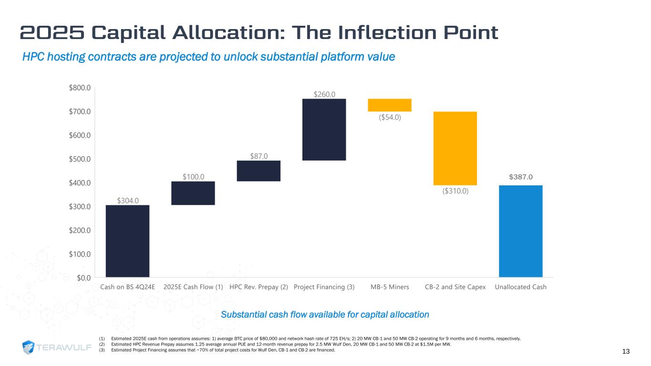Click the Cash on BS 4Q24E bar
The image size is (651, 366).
pyautogui.click(x=127, y=241)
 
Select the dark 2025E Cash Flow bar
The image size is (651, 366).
pyautogui.click(x=193, y=193)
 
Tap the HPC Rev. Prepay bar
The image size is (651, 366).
pyautogui.click(x=258, y=171)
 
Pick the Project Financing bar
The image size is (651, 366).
pyautogui.click(x=324, y=129)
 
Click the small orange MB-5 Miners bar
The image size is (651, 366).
pyautogui.click(x=389, y=105)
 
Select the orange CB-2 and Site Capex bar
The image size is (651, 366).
pyautogui.click(x=455, y=148)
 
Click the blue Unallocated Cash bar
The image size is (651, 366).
pyautogui.click(x=520, y=231)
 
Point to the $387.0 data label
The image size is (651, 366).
pyautogui.click(x=520, y=177)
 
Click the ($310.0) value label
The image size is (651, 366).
pyautogui.click(x=455, y=191)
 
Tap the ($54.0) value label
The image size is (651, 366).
pyautogui.click(x=389, y=117)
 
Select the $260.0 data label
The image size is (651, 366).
pyautogui.click(x=324, y=94)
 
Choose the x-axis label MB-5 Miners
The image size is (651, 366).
pyautogui.click(x=389, y=287)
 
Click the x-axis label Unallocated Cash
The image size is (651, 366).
pyautogui.click(x=520, y=287)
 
